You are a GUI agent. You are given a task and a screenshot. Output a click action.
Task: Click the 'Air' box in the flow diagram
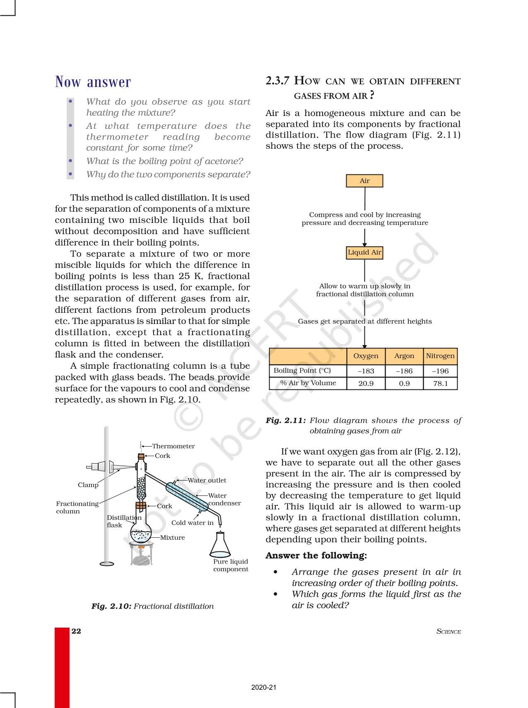point(364,181)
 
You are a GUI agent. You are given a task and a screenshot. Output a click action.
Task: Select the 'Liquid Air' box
point(364,253)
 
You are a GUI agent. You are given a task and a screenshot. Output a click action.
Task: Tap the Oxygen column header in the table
point(366,356)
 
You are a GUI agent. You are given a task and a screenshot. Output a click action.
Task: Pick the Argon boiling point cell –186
point(404,371)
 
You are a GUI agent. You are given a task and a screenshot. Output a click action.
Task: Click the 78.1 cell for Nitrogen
point(440,384)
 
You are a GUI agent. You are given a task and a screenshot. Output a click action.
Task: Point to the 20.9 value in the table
point(366,384)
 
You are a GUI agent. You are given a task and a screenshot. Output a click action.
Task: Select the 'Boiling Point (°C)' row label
point(302,371)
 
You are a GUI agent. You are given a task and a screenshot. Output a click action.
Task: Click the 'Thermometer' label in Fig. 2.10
point(173,446)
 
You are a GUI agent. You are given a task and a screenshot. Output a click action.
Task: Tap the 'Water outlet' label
point(207,481)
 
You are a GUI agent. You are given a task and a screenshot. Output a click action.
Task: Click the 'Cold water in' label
point(193,523)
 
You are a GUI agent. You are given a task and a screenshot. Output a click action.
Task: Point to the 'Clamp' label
point(88,485)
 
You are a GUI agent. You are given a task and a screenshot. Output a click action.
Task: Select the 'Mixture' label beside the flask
point(172,538)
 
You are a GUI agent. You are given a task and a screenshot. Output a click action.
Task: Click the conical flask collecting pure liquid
point(220,546)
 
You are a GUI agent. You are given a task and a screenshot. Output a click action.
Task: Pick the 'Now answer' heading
point(93,82)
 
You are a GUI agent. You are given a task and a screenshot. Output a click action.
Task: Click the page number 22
point(76,631)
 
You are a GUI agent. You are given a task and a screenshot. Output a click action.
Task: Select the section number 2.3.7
point(277,81)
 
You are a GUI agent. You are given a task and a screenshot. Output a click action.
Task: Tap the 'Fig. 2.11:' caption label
point(286,420)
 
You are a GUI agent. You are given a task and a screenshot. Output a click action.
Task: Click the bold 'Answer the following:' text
point(316,556)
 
